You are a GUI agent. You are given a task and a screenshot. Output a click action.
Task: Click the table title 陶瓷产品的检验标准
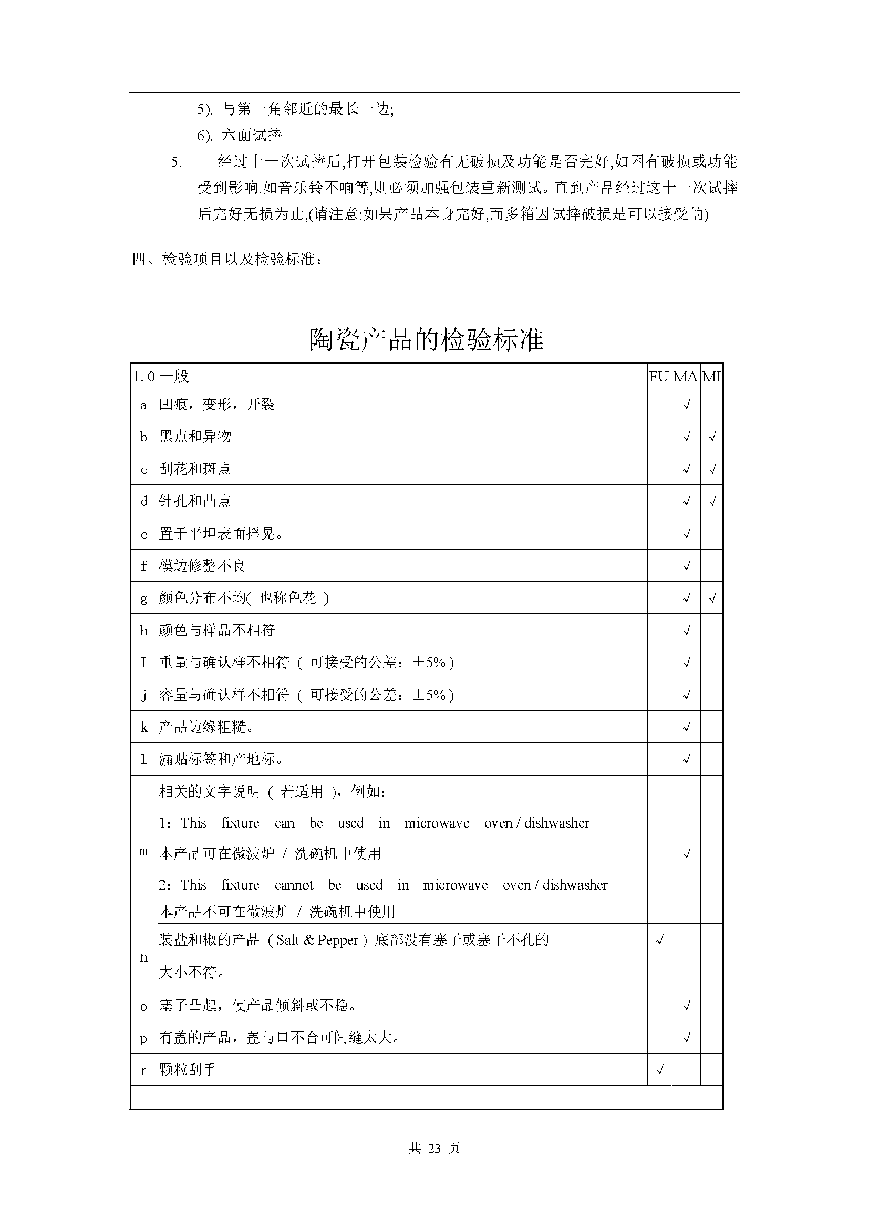click(427, 339)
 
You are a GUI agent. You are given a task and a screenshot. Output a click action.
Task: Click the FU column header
click(659, 377)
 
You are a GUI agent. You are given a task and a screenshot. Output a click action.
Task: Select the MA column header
click(685, 377)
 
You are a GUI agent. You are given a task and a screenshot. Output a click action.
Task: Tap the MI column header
click(711, 377)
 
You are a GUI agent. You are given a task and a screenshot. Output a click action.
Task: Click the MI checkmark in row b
click(712, 437)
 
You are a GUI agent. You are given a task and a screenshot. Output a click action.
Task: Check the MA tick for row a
click(686, 405)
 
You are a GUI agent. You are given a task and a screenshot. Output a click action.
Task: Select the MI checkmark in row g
click(712, 598)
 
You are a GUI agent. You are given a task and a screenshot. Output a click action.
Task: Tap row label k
click(143, 727)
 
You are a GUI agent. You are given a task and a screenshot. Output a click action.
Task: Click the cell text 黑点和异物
click(195, 437)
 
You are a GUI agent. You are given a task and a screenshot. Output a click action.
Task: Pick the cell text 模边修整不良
click(202, 566)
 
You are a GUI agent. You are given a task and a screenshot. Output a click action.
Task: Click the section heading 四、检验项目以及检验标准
click(227, 260)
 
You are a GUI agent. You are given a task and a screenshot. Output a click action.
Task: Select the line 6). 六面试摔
click(239, 136)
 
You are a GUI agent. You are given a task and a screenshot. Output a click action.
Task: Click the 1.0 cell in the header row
click(143, 377)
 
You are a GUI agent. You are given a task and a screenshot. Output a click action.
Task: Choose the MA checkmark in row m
click(686, 854)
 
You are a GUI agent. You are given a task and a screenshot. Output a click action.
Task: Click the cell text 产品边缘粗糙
click(206, 727)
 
